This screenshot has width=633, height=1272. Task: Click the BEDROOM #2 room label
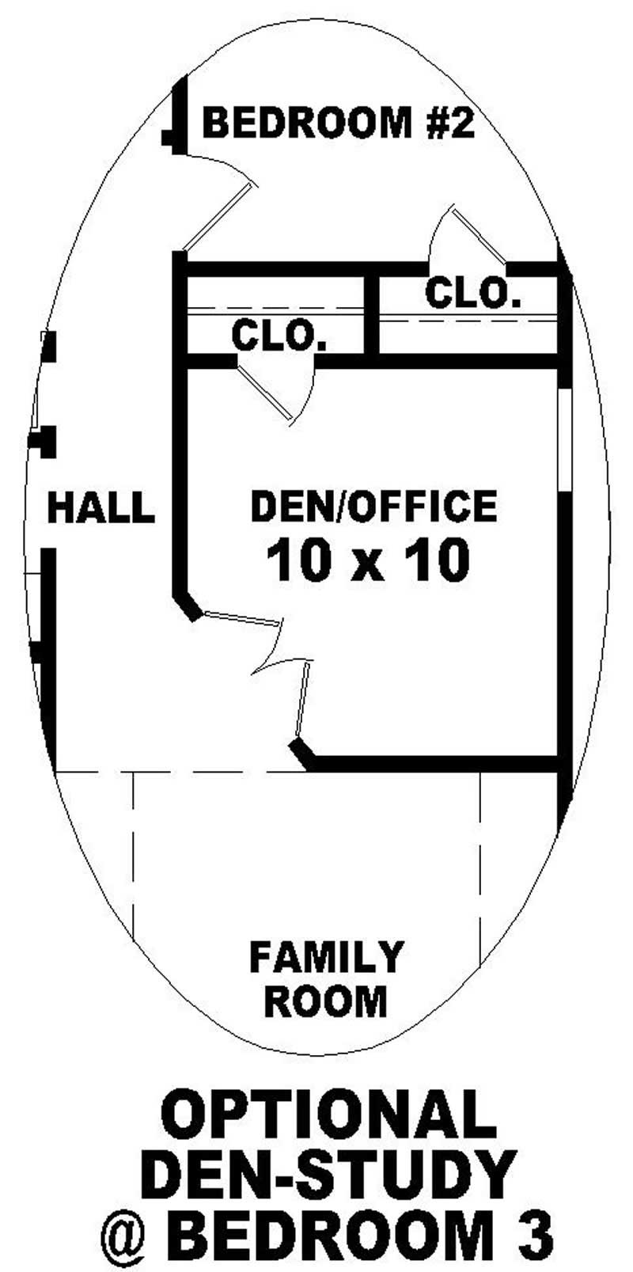(339, 123)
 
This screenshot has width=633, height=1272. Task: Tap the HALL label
(101, 507)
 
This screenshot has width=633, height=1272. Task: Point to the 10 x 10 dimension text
(368, 561)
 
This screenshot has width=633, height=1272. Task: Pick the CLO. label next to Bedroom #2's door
(473, 292)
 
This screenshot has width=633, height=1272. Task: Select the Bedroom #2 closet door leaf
(479, 235)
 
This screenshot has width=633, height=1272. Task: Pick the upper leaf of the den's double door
(242, 618)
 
